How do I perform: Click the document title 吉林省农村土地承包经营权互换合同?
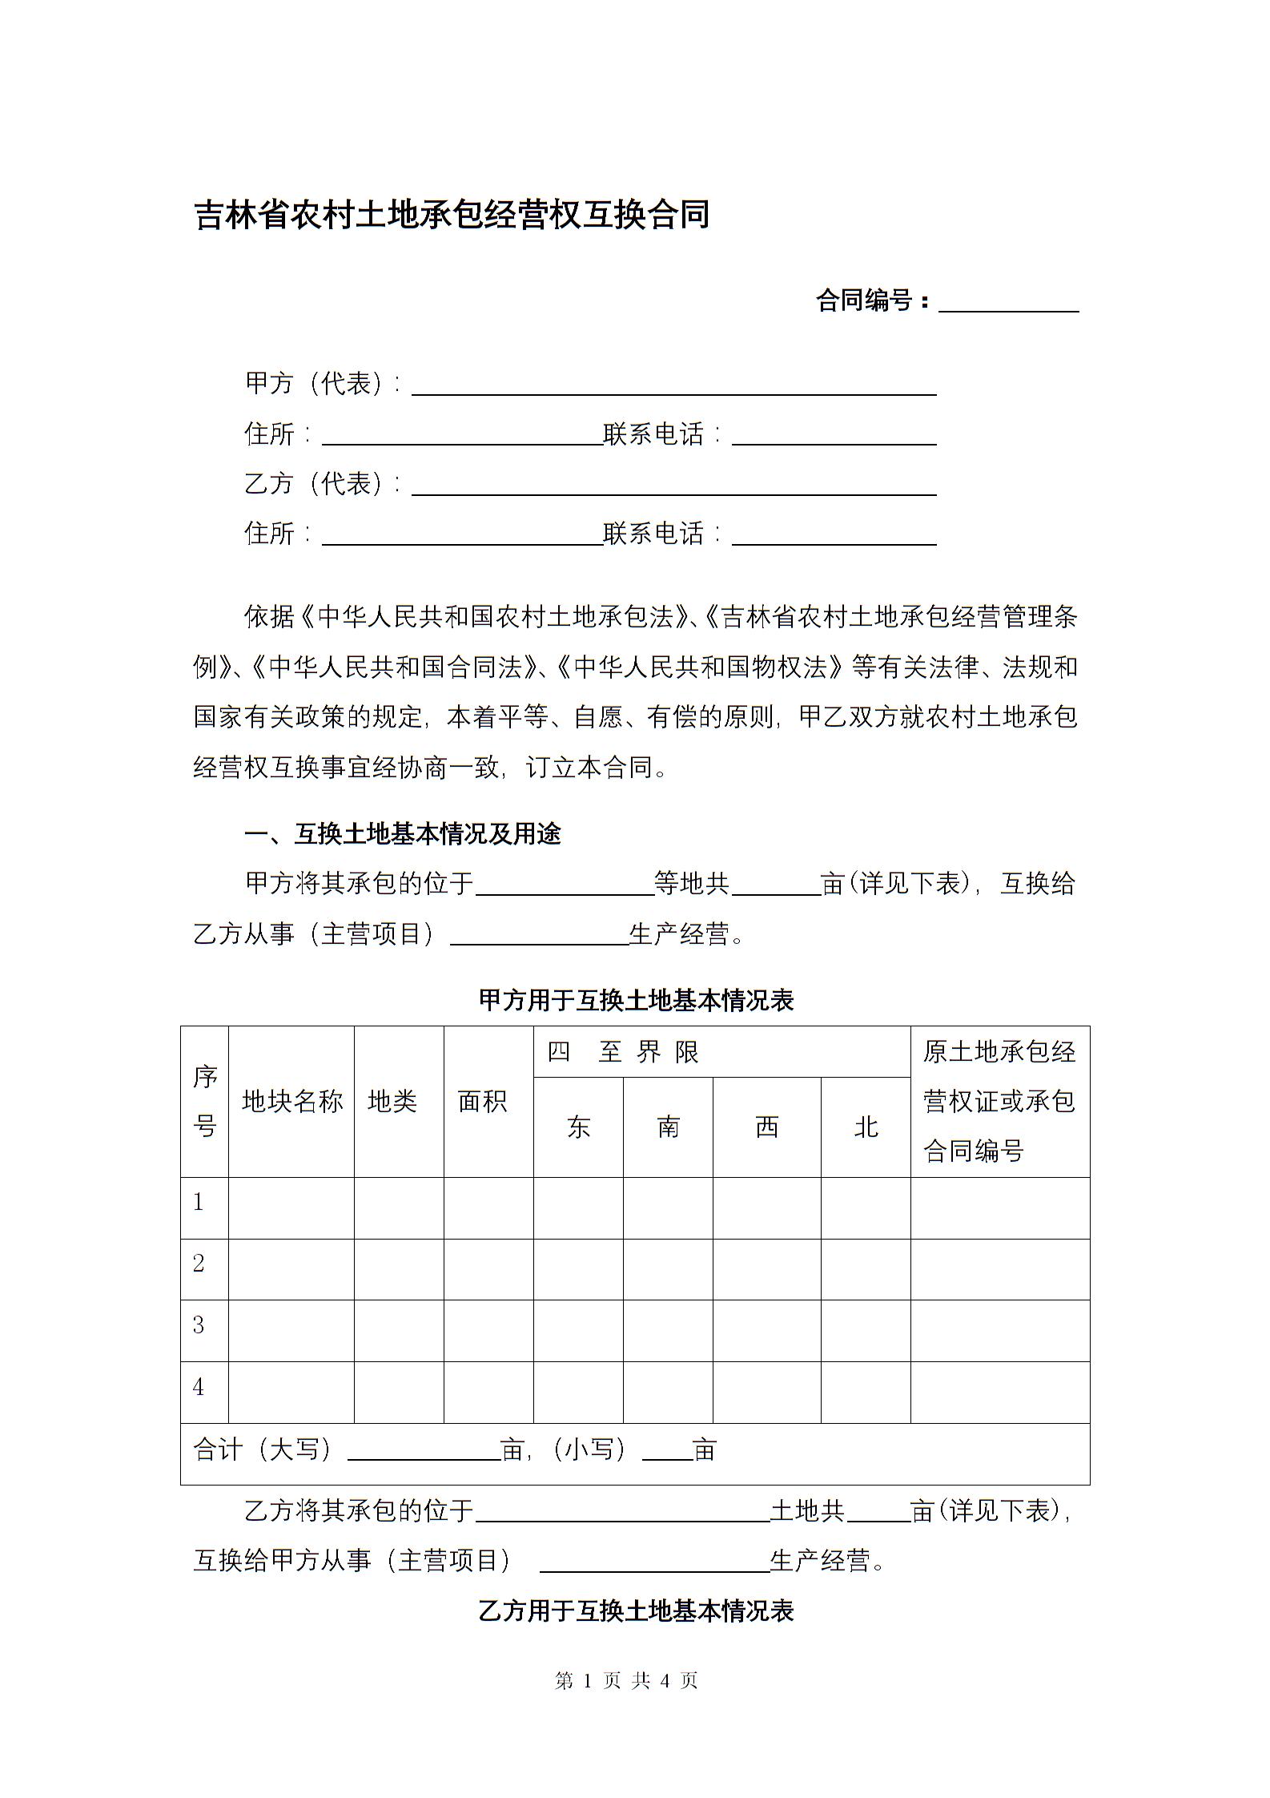(x=452, y=216)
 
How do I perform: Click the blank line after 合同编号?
(x=1008, y=303)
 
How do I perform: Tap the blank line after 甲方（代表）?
(x=673, y=386)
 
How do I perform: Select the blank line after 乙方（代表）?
(x=673, y=486)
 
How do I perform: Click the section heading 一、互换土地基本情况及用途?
(x=403, y=834)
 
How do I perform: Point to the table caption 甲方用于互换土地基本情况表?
(x=635, y=1001)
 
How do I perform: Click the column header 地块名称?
(x=291, y=1102)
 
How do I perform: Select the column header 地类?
(x=392, y=1102)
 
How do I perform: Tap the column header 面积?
(x=483, y=1102)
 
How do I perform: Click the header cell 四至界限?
(x=624, y=1052)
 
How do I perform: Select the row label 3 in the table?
(x=199, y=1325)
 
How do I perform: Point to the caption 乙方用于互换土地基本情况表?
(x=635, y=1611)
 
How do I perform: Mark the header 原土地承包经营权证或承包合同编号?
(x=999, y=1102)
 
